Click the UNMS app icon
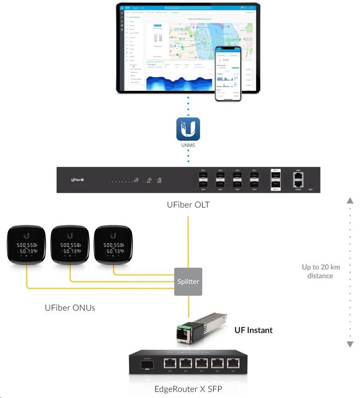pos(189,129)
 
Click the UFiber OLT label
pos(188,205)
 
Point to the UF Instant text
pos(253,330)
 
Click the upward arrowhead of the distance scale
pos(350,201)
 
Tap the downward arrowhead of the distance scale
pos(350,344)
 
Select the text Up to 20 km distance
pos(321,271)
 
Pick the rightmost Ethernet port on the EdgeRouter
pos(234,363)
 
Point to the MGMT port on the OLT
pos(298,175)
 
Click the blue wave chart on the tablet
pos(180,82)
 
